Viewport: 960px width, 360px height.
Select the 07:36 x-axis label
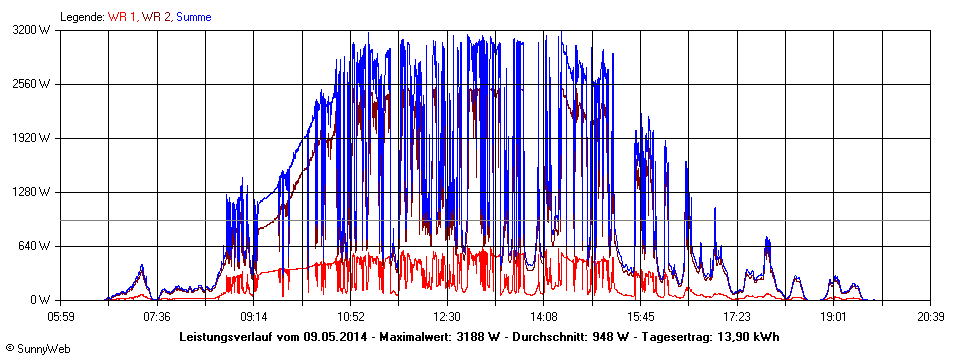click(157, 316)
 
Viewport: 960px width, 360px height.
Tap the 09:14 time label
click(254, 316)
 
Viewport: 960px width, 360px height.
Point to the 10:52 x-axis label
click(351, 316)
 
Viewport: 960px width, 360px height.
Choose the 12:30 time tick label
click(448, 316)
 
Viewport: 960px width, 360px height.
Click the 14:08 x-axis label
click(544, 316)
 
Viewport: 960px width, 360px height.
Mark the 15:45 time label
click(641, 316)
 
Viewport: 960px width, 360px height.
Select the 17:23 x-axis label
click(738, 316)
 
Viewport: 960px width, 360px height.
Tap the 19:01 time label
click(835, 316)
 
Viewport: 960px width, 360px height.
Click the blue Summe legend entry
click(194, 16)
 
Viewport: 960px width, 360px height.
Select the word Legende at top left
click(82, 16)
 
